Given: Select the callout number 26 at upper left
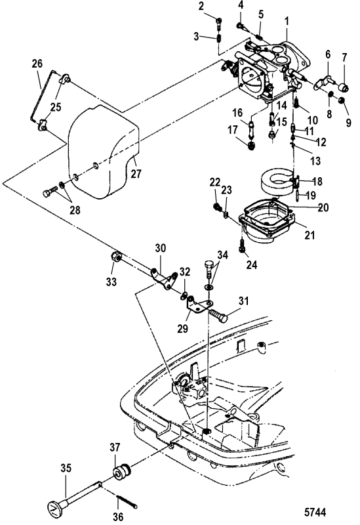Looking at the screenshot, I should pyautogui.click(x=37, y=63).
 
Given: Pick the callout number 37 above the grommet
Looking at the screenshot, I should pyautogui.click(x=115, y=448).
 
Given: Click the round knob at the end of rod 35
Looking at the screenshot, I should pyautogui.click(x=51, y=506).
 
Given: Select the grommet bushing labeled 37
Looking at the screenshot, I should pyautogui.click(x=121, y=473).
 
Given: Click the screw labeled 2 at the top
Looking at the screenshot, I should pyautogui.click(x=218, y=26).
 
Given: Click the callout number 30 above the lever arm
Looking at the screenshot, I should pyautogui.click(x=161, y=248).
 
